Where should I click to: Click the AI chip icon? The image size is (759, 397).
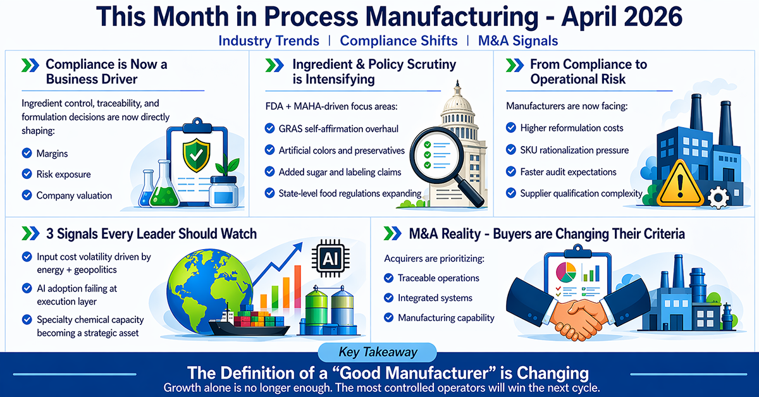[330, 259]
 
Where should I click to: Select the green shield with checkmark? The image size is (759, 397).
[196, 156]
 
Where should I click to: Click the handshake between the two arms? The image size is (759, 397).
[577, 319]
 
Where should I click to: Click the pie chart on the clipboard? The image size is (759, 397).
[565, 272]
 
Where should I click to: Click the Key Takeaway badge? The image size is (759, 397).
[377, 352]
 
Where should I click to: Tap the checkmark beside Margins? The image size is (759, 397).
[27, 153]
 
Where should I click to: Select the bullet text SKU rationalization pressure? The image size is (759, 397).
[574, 150]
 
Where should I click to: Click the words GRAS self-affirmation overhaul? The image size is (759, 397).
[338, 129]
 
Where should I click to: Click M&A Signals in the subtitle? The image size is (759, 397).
[518, 40]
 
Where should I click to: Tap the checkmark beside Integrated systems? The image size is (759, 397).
[388, 298]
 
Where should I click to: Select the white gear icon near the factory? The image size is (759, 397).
[719, 197]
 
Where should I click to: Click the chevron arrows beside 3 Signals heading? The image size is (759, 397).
[30, 234]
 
